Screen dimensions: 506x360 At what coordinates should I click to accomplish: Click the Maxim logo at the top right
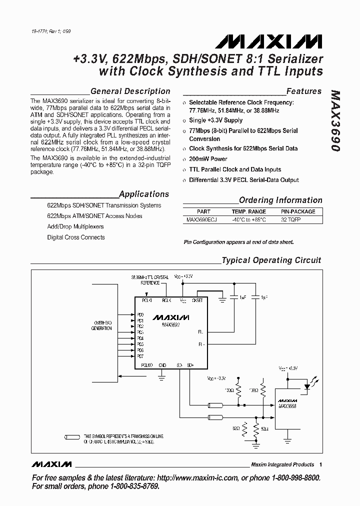[x=286, y=40]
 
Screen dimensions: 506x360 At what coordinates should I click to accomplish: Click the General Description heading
[x=130, y=91]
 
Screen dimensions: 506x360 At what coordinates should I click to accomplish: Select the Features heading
[x=303, y=91]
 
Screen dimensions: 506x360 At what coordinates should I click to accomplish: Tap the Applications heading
[x=144, y=194]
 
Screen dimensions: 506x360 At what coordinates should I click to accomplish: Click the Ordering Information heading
[x=280, y=200]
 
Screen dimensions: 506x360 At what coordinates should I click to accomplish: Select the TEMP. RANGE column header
[x=248, y=211]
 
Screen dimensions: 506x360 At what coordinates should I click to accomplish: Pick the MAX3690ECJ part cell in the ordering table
[x=201, y=219]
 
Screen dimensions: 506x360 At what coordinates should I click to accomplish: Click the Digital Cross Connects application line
[x=76, y=237]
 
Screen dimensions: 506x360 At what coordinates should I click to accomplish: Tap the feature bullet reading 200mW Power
[x=208, y=159]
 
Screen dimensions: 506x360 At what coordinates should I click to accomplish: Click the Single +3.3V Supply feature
[x=215, y=120]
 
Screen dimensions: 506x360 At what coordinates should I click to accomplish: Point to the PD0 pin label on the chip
[x=140, y=314]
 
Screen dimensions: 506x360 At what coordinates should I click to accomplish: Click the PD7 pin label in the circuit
[x=140, y=356]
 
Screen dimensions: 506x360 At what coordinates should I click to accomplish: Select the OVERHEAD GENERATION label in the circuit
[x=101, y=325]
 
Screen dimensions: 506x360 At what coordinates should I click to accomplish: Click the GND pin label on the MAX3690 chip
[x=162, y=365]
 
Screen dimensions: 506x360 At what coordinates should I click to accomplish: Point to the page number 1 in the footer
[x=320, y=464]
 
